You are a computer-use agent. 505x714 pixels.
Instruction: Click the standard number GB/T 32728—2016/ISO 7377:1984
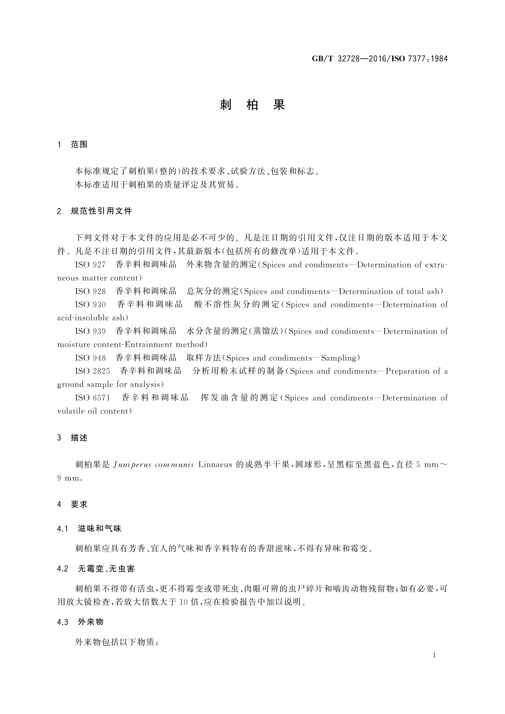click(x=379, y=59)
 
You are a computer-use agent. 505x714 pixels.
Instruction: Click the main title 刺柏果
click(x=252, y=105)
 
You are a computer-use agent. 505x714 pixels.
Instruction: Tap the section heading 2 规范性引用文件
click(x=95, y=211)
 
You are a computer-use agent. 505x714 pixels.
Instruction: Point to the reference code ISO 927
click(x=90, y=265)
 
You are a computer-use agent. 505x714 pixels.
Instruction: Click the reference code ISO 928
click(x=90, y=292)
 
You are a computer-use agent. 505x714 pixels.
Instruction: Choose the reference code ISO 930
click(x=90, y=305)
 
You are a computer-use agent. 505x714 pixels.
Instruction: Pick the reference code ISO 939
click(x=90, y=332)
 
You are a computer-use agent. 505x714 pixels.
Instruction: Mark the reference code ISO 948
click(x=90, y=358)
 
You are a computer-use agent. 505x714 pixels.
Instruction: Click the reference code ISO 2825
click(x=92, y=371)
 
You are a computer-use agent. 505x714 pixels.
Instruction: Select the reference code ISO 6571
click(x=92, y=398)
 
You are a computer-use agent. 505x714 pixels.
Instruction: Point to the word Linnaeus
click(x=215, y=465)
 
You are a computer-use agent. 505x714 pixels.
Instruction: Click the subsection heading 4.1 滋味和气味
click(x=89, y=529)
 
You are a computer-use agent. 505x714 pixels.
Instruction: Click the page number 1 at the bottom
click(x=434, y=655)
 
